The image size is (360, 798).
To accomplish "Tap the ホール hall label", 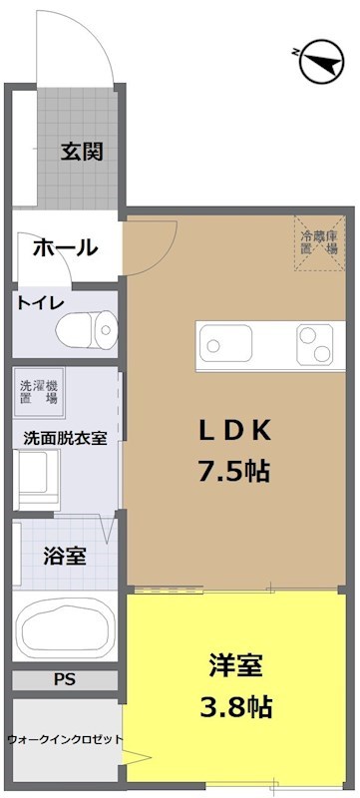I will [66, 247].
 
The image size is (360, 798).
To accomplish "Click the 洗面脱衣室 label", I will [66, 437].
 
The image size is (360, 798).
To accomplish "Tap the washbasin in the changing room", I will [38, 477].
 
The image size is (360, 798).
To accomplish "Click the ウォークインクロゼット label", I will [64, 739].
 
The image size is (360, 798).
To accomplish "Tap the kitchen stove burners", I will [319, 345].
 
